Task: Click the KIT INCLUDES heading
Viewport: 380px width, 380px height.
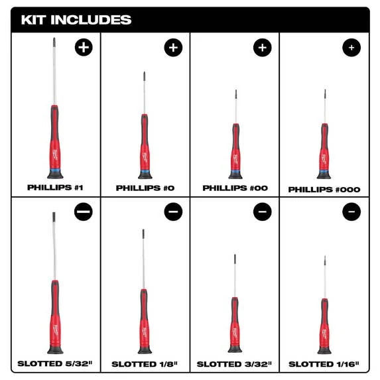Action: coord(76,20)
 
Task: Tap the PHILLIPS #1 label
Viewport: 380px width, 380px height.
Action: coord(55,187)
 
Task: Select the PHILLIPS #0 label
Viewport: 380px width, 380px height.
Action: coord(145,188)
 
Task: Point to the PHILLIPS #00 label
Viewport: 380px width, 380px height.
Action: coord(235,188)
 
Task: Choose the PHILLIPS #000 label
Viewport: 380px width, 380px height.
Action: coord(324,190)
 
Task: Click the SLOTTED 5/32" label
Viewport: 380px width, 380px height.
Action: coord(55,363)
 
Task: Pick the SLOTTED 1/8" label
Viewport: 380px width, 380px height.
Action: coord(145,364)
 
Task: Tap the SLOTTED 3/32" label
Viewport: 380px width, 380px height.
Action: coord(234,364)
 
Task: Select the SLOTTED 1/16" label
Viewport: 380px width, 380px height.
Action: coord(324,364)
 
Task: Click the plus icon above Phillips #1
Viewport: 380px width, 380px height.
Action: coord(84,47)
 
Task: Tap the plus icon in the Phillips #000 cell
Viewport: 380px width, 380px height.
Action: coord(351,48)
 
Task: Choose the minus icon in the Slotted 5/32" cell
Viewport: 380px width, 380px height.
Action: coord(84,212)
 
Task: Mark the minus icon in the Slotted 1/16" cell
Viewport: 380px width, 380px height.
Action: coord(351,212)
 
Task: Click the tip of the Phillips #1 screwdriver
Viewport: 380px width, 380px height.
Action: coord(54,38)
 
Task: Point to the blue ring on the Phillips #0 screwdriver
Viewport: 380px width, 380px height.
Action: coord(145,171)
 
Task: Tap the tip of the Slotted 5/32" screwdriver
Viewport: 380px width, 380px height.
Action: coord(54,213)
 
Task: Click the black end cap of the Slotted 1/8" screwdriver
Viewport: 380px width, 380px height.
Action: coord(145,349)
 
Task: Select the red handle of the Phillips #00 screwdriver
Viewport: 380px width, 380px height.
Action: coord(235,148)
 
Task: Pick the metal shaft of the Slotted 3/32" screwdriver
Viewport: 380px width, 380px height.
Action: coord(235,276)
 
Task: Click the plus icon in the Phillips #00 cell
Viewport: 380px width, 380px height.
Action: coord(262,48)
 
